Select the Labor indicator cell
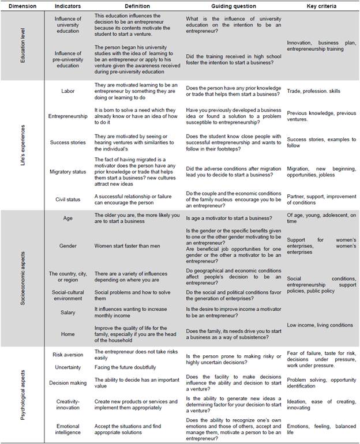[x=68, y=91]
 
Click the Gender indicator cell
[x=68, y=245]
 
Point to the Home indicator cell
[x=68, y=333]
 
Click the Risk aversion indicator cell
[x=68, y=354]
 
